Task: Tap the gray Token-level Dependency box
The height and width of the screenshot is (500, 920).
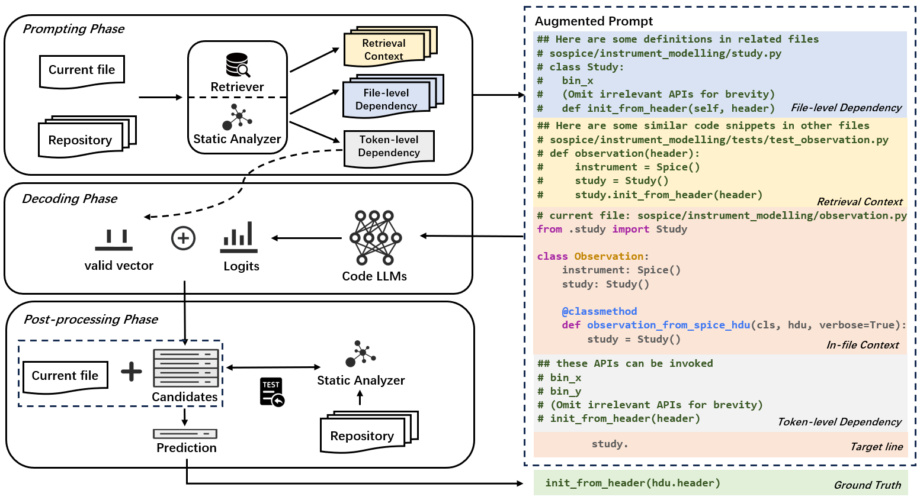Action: click(389, 146)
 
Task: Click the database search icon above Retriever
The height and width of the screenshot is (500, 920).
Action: click(238, 65)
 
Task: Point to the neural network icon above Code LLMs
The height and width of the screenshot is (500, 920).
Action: click(375, 237)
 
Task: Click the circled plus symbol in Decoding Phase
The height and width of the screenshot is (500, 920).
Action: click(183, 238)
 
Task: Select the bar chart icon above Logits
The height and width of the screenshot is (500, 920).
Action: click(239, 236)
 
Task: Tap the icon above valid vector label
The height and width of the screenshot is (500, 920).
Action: click(114, 240)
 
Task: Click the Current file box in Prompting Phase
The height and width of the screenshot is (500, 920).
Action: click(82, 70)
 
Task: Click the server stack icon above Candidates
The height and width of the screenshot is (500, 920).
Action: click(185, 367)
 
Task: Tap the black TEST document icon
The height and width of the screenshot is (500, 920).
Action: click(272, 392)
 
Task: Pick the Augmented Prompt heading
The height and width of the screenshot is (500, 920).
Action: click(594, 21)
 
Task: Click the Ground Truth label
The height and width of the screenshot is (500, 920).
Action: click(867, 485)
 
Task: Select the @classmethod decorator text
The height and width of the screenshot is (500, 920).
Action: click(599, 311)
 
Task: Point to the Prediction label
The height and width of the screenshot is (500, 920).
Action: click(186, 448)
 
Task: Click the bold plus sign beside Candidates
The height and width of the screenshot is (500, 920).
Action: click(132, 372)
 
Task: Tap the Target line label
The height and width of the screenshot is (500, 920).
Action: click(876, 447)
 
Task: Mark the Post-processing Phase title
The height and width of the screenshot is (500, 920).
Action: click(91, 320)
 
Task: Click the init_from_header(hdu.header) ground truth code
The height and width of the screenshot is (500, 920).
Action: click(633, 483)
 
